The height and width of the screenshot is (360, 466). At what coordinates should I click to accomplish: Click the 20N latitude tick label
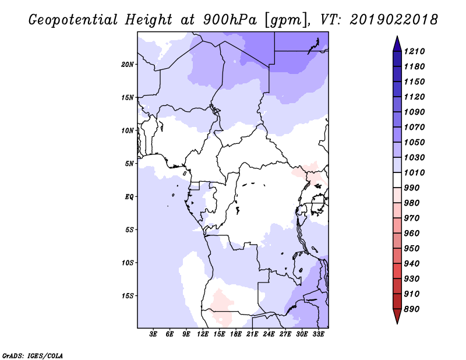[128, 64]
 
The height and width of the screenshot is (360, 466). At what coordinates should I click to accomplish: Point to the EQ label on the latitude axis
[129, 197]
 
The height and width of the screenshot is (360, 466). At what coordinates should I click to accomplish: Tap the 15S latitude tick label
[128, 296]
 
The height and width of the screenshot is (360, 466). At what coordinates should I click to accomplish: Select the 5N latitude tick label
[129, 164]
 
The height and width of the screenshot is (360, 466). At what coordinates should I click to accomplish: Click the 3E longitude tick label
[154, 334]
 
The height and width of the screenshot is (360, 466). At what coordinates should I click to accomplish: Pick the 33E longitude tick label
[319, 334]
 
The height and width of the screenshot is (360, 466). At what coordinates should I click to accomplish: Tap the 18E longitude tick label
[236, 334]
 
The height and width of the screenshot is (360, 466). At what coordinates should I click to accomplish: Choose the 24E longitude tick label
[269, 334]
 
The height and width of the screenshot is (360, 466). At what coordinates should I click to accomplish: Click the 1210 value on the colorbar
[416, 51]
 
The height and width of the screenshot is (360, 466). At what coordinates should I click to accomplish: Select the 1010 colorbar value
[416, 173]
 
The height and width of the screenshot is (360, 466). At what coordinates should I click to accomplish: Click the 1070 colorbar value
[416, 127]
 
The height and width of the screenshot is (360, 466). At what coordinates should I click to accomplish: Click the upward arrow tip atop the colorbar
[396, 37]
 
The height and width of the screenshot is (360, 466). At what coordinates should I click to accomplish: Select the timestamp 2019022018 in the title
[394, 19]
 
